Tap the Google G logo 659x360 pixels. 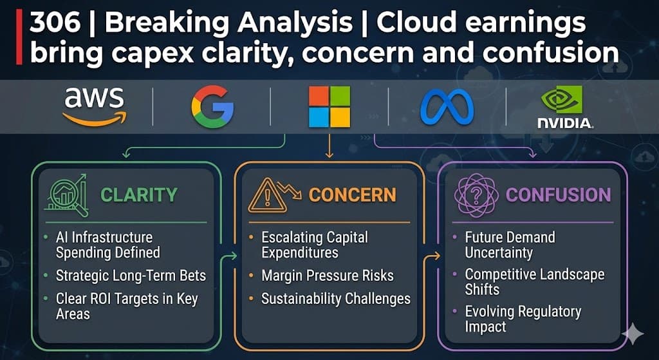pyautogui.click(x=212, y=108)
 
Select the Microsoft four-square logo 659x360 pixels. pyautogui.click(x=329, y=107)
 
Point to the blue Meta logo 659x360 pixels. pyautogui.click(x=447, y=107)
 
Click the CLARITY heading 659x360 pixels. pyautogui.click(x=139, y=194)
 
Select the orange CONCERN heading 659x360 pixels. pyautogui.click(x=352, y=194)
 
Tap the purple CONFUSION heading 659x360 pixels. pyautogui.click(x=559, y=194)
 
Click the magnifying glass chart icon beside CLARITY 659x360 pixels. pyautogui.click(x=66, y=193)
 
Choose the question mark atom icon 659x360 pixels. pyautogui.click(x=476, y=194)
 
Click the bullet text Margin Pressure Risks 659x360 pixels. pyautogui.click(x=328, y=276)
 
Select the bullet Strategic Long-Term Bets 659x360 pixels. pyautogui.click(x=131, y=276)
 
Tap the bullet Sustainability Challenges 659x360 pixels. pyautogui.click(x=335, y=299)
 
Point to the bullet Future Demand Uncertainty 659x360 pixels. pyautogui.click(x=510, y=245)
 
